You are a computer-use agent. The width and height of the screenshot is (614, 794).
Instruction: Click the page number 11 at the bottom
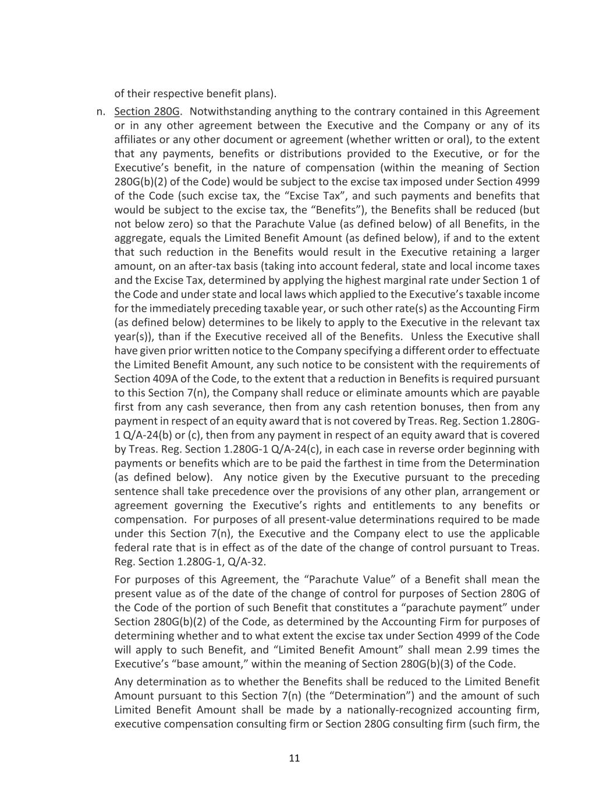coord(294,758)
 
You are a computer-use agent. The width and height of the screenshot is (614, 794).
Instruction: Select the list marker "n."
coord(101,112)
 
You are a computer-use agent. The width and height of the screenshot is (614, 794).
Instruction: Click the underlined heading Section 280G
coord(147,112)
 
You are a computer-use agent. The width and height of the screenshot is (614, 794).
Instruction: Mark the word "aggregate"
coord(139,238)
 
